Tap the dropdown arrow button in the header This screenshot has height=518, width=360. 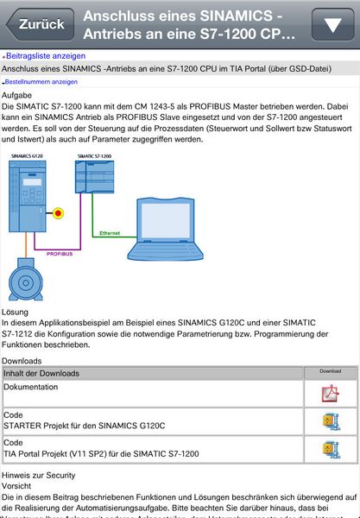[x=332, y=24]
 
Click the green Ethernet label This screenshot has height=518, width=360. [x=110, y=233]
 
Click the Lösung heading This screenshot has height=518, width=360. [x=16, y=311]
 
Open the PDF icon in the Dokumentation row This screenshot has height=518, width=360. [x=331, y=395]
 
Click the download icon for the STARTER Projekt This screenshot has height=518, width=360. [x=331, y=421]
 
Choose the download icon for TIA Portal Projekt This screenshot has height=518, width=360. [x=331, y=449]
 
